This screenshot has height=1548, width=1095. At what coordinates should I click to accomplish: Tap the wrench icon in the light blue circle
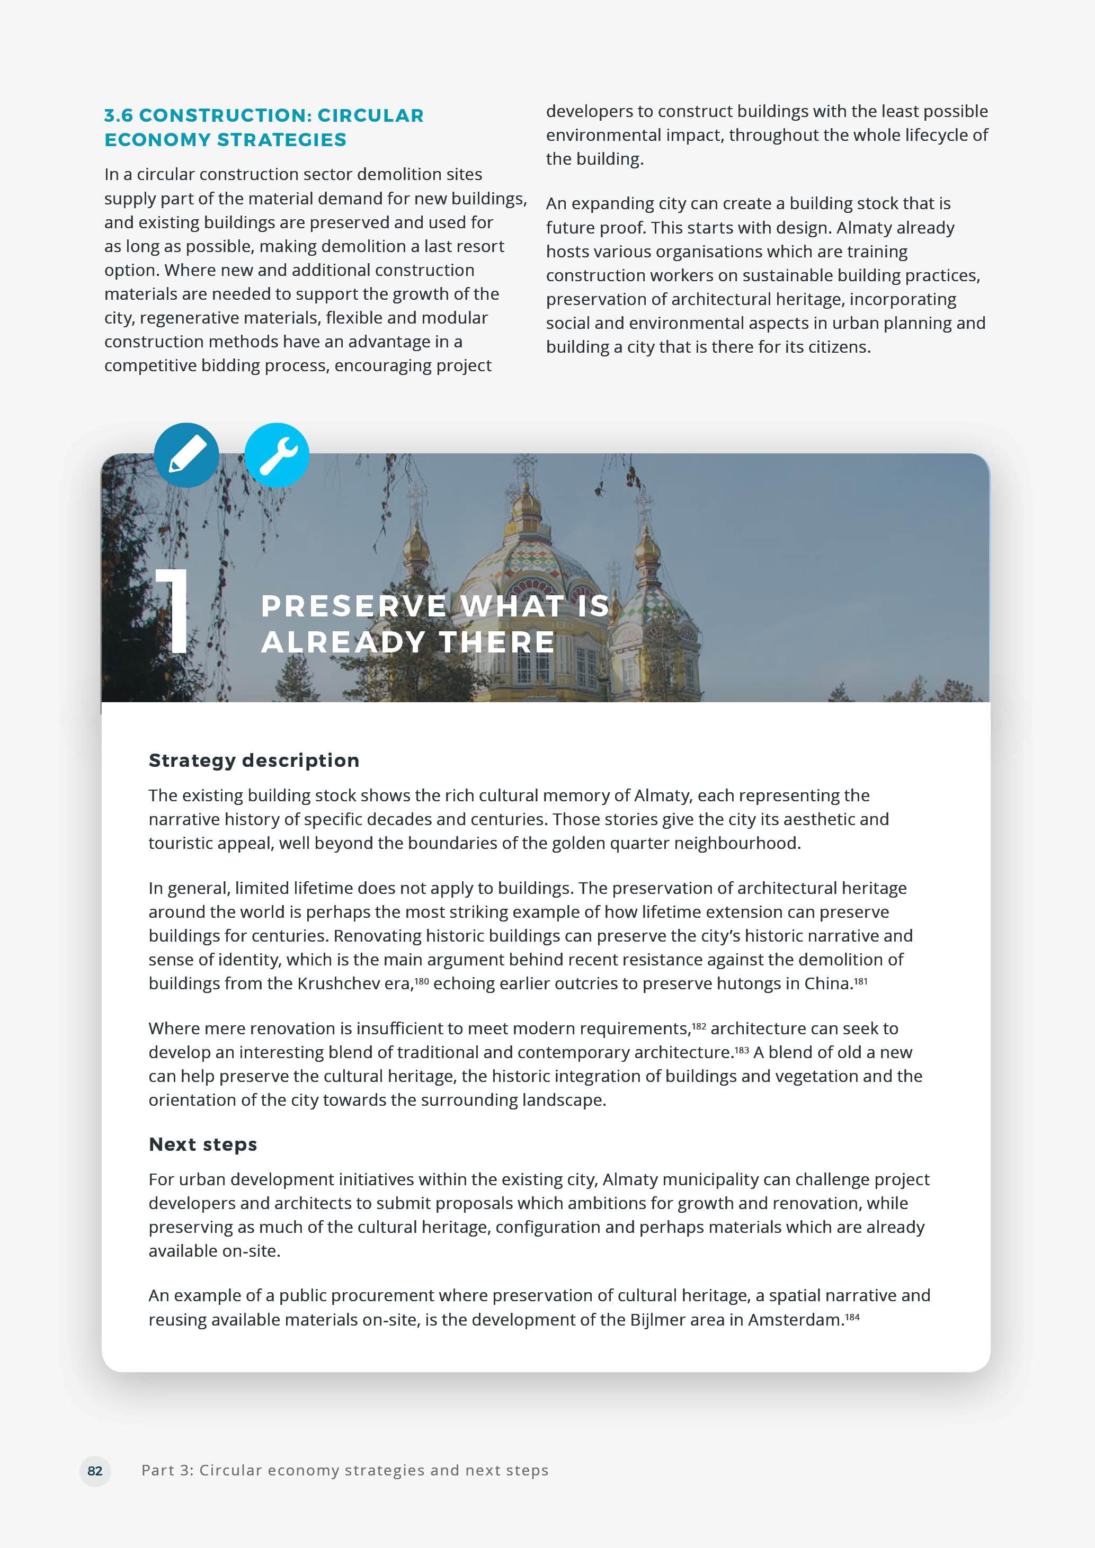tap(277, 455)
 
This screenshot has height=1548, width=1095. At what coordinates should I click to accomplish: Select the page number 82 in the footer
tap(95, 1471)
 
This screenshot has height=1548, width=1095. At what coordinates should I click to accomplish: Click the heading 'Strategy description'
tap(254, 760)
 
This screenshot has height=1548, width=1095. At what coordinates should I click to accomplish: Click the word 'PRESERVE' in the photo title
tap(353, 606)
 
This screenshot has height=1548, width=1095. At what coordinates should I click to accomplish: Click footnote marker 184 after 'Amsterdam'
tap(852, 1317)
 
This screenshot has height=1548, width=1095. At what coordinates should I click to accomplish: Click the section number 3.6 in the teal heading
tap(119, 116)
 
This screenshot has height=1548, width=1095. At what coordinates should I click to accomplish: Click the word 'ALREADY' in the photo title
tap(343, 642)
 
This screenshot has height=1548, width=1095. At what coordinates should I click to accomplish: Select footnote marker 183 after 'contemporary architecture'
tap(741, 1050)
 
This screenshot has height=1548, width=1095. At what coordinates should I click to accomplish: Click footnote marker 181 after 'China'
tap(860, 980)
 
